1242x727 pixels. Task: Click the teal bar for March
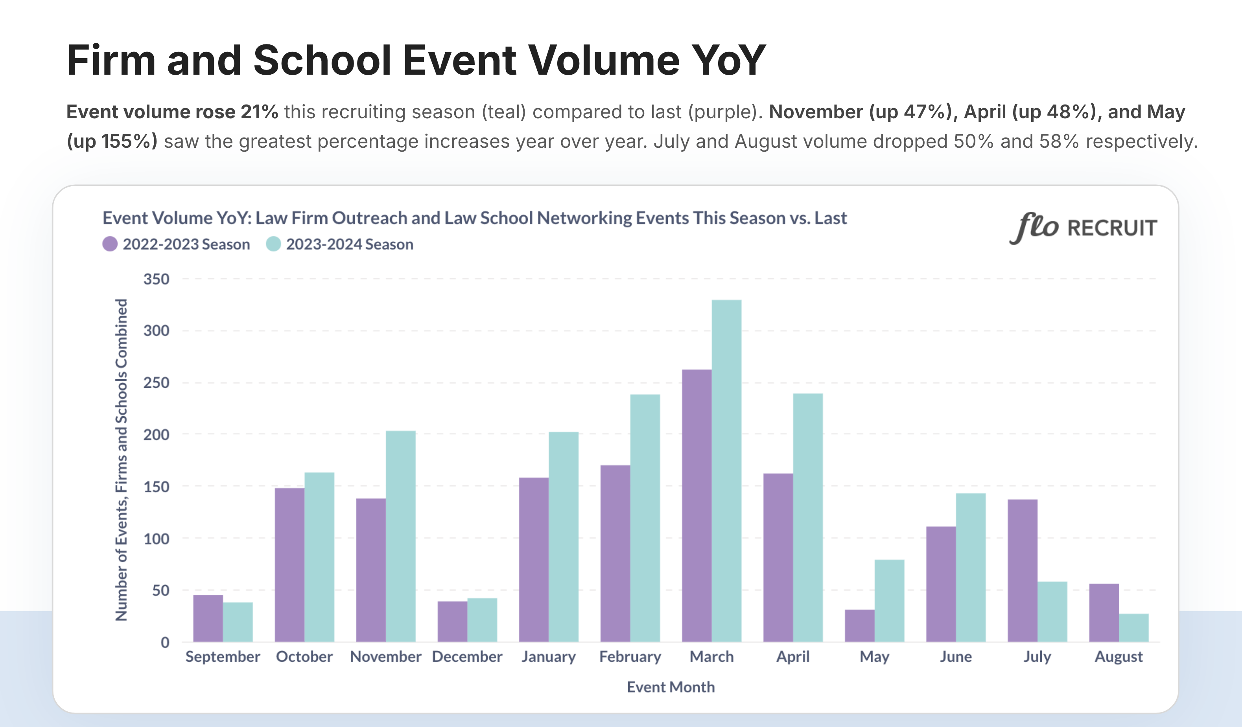[x=726, y=470]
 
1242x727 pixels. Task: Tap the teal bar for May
[x=889, y=600]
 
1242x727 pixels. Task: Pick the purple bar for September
[x=208, y=618]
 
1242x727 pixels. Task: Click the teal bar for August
[x=1133, y=628]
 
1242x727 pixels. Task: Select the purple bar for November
[x=370, y=570]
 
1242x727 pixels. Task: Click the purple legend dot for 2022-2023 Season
[x=110, y=244]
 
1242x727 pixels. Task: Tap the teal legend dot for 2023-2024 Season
[x=273, y=244]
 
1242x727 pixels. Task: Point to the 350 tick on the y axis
[x=156, y=279]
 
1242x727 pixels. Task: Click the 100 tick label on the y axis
[x=156, y=539]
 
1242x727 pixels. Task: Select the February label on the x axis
[x=630, y=657]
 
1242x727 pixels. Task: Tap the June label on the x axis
[x=956, y=657]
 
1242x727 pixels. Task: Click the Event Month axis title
[x=670, y=687]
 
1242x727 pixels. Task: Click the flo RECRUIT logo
[x=1083, y=228]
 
